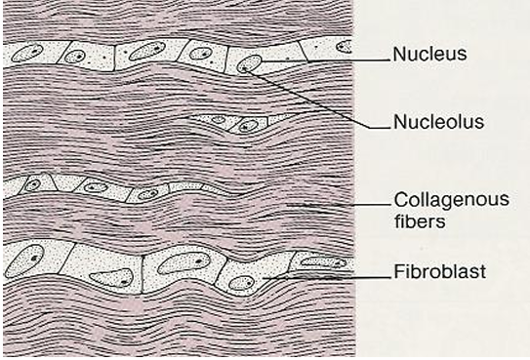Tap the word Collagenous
coord(439,198)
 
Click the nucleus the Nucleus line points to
coord(250,64)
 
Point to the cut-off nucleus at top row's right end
coord(344,46)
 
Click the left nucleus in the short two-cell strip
coord(219,121)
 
